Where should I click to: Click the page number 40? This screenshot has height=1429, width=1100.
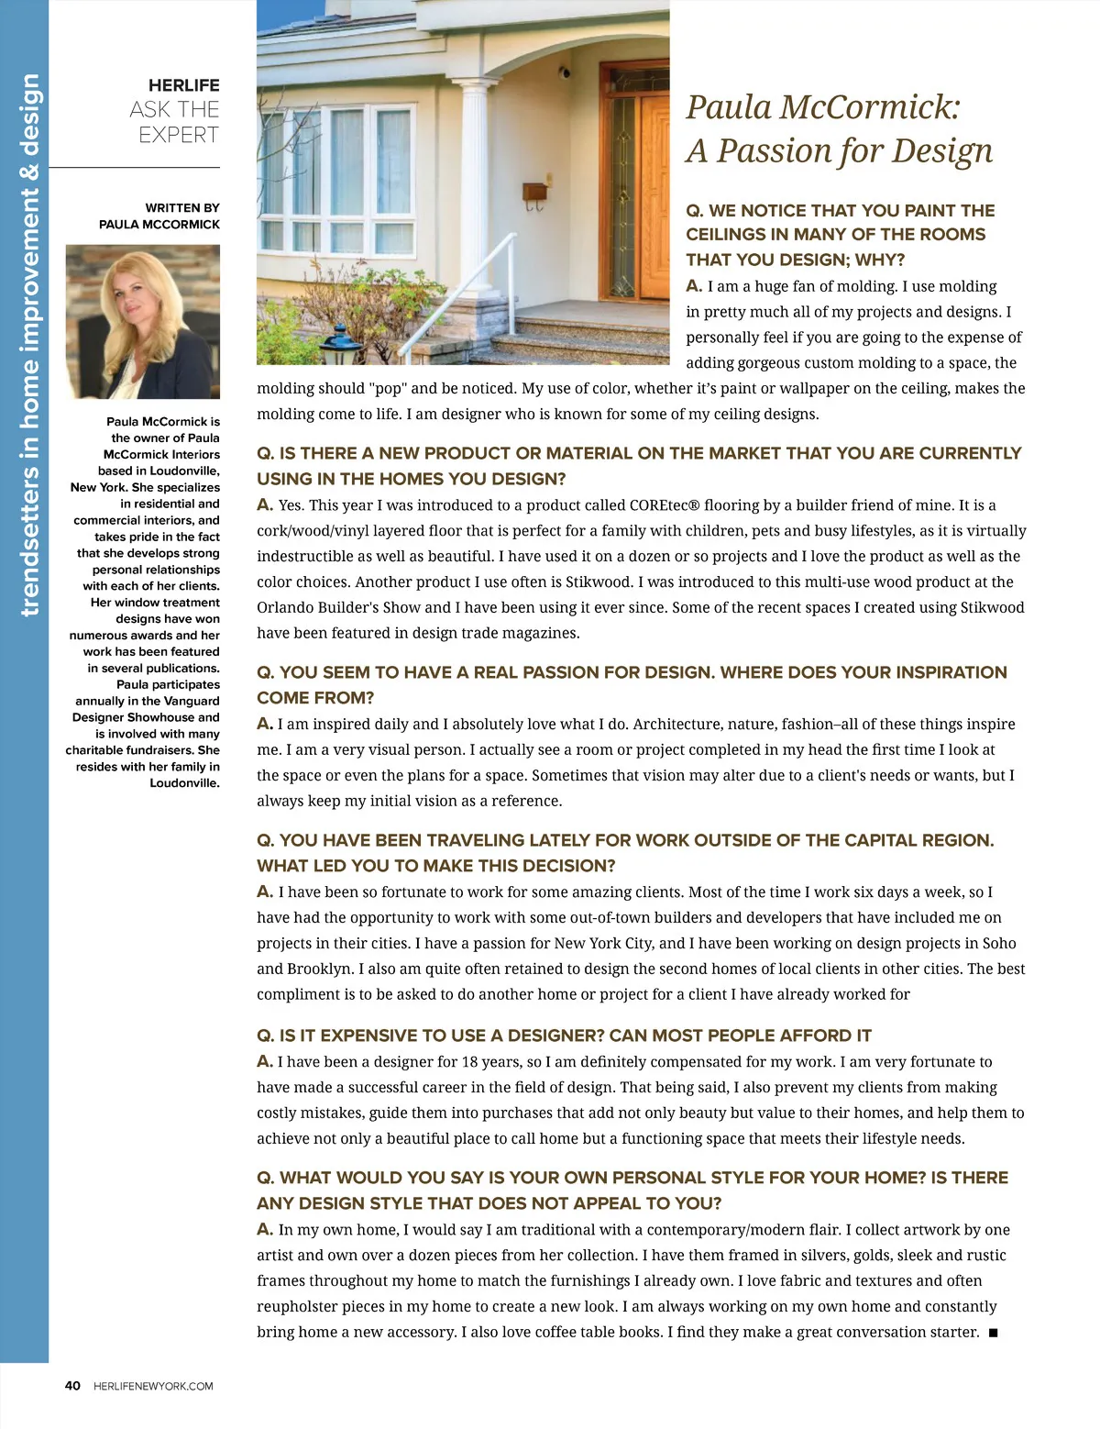(x=72, y=1386)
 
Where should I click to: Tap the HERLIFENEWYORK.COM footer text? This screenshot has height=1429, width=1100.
(x=153, y=1386)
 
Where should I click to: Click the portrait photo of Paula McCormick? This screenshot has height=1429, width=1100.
(x=143, y=321)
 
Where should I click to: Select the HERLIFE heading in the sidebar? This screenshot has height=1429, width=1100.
(x=183, y=85)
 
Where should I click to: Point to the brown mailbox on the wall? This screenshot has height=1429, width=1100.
(x=534, y=193)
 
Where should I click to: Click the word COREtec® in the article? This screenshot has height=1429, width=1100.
(x=667, y=505)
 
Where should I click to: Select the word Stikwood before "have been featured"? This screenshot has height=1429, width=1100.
(x=992, y=607)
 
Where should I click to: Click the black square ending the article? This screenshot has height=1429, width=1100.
(x=994, y=1332)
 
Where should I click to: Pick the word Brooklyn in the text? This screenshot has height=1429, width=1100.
(x=320, y=969)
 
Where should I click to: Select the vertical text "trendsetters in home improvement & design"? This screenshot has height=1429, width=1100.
(x=29, y=345)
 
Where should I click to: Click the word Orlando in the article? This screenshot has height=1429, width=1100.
(x=285, y=607)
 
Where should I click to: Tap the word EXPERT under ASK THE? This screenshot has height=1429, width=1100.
(x=179, y=135)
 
